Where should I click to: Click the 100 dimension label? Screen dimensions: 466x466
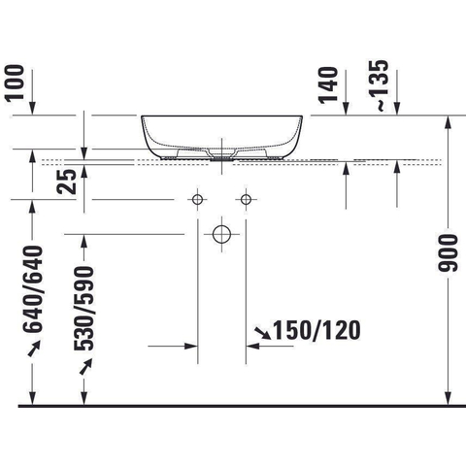click(x=16, y=83)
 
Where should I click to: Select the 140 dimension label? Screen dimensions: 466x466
click(x=328, y=85)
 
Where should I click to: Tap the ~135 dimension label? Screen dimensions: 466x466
click(x=379, y=85)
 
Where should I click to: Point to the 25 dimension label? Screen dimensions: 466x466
click(x=67, y=182)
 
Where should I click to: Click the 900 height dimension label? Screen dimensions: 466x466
click(x=448, y=253)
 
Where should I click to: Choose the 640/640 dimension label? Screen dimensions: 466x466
click(x=33, y=289)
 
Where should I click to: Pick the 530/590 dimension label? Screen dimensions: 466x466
click(x=84, y=309)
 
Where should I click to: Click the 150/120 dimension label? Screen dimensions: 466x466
click(x=317, y=330)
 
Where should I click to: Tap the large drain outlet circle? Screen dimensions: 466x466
click(x=221, y=234)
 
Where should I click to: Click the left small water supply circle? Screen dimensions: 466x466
click(x=197, y=199)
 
